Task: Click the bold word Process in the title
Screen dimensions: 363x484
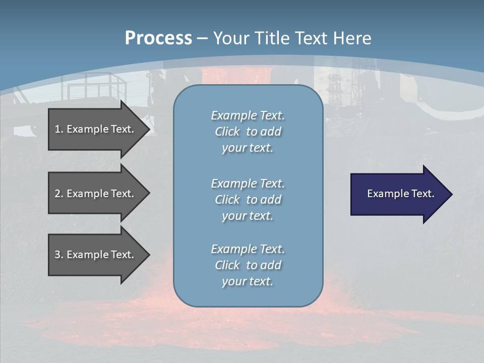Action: point(158,38)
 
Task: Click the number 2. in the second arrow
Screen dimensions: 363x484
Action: point(59,194)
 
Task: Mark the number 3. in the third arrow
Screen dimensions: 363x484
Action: point(59,255)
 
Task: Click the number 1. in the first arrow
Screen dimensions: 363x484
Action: point(58,129)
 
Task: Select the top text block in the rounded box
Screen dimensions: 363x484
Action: point(248,132)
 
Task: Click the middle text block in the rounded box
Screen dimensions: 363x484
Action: point(248,200)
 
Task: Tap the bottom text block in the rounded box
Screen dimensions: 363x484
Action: point(248,265)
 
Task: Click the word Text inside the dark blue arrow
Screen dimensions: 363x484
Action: point(423,194)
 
